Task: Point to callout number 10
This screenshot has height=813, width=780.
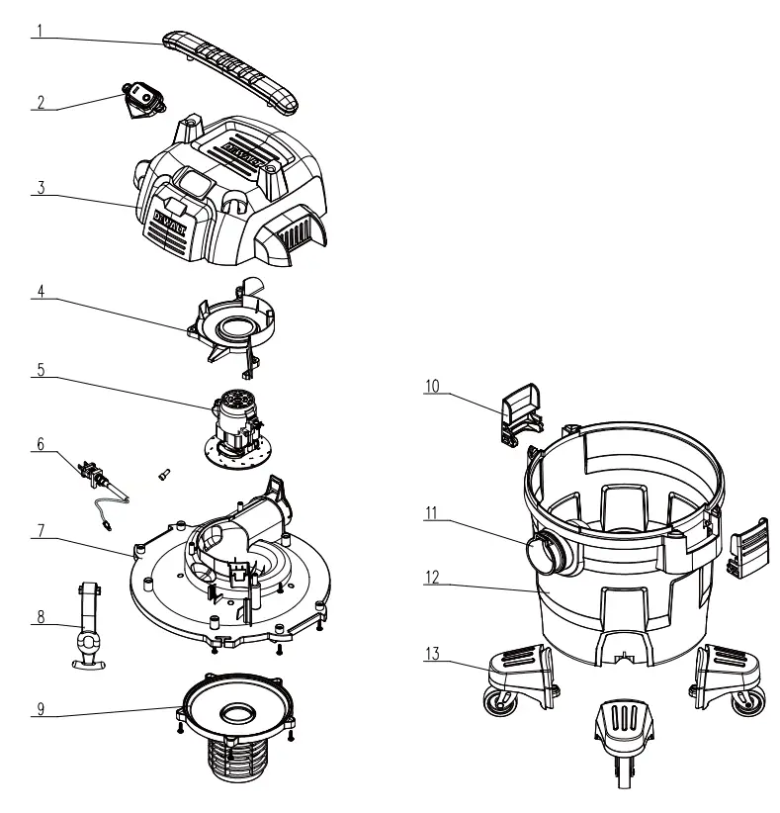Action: pyautogui.click(x=433, y=386)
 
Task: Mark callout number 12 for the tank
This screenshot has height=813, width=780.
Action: pyautogui.click(x=433, y=578)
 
